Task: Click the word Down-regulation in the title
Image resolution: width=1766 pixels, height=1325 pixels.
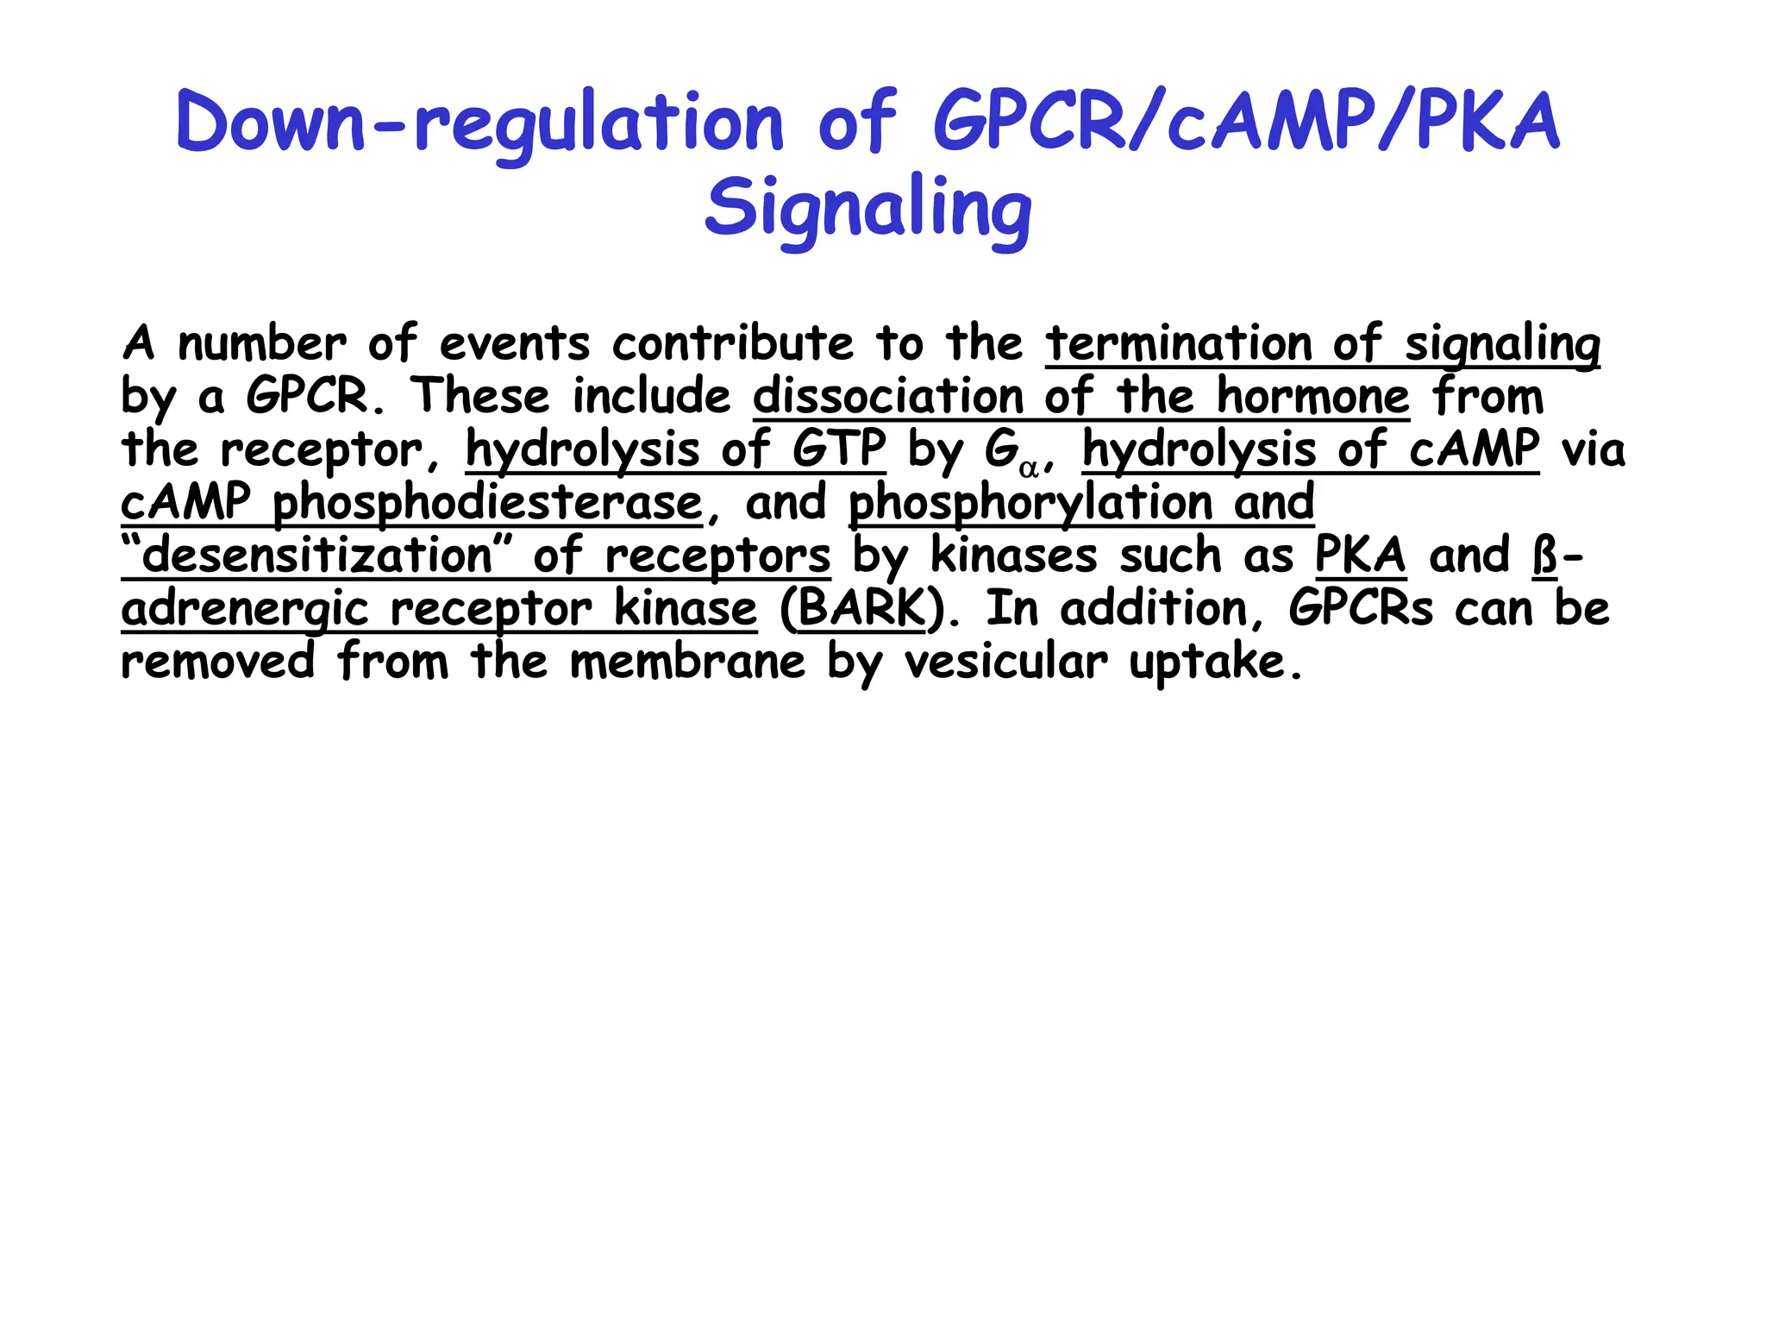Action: (x=479, y=123)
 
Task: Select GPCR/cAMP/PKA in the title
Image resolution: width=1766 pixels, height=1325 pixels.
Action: (x=1246, y=123)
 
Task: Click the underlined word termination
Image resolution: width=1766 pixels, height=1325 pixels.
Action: (x=1178, y=344)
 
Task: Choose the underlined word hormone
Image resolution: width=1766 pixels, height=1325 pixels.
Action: (x=1312, y=397)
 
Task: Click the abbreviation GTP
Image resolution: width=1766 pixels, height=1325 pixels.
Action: (x=838, y=449)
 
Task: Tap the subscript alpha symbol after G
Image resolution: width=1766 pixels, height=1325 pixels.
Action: (x=1028, y=468)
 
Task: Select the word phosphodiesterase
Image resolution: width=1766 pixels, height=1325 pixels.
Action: (x=487, y=503)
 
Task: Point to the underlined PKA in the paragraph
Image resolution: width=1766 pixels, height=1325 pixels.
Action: (x=1360, y=556)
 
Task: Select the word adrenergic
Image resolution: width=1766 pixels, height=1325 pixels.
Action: (x=245, y=609)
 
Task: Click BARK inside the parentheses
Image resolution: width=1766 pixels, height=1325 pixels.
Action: (x=861, y=609)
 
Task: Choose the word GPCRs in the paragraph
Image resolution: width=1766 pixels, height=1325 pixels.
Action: (x=1361, y=609)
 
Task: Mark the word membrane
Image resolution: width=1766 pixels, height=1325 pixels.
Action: (x=687, y=662)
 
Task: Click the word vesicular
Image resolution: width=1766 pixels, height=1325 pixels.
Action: (x=1005, y=662)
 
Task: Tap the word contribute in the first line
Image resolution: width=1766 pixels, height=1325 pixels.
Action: (x=732, y=344)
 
